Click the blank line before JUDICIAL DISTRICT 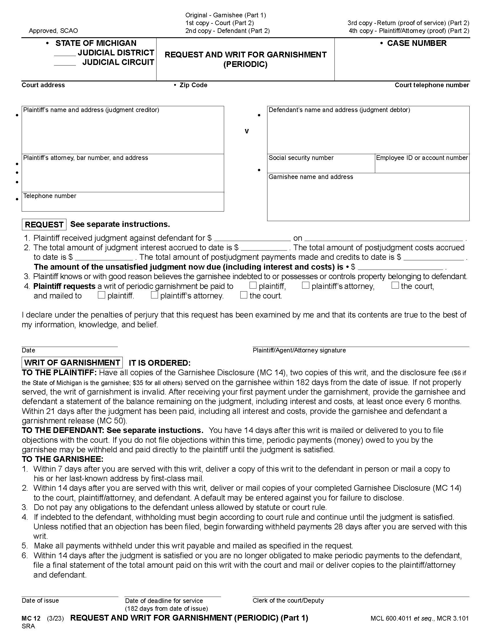tap(65, 54)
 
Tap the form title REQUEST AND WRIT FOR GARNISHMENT tap(245, 55)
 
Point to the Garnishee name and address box tap(368, 199)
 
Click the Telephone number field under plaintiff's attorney tap(123, 203)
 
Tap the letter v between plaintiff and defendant tap(246, 131)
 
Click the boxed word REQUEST tap(44, 225)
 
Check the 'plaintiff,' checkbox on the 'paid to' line tap(253, 285)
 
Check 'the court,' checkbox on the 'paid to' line tap(395, 285)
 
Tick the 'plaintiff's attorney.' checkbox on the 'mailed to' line tap(155, 295)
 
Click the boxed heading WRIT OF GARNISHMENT tap(72, 363)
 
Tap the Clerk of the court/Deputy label tap(288, 601)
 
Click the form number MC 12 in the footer tap(31, 618)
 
